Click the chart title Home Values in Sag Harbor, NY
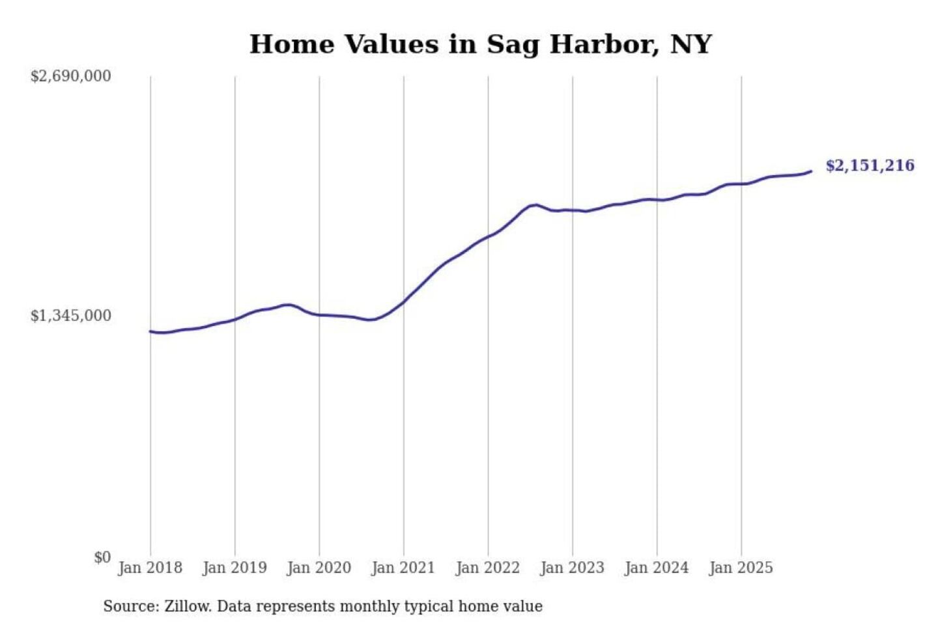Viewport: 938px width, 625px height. [481, 44]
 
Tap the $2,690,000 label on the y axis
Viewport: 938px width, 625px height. [70, 76]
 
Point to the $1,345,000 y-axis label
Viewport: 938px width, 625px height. [70, 316]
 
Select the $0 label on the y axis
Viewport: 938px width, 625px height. [102, 557]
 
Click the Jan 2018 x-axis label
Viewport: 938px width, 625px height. [150, 568]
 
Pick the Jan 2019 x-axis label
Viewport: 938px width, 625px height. [234, 568]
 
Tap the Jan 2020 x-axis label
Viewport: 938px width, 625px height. [319, 568]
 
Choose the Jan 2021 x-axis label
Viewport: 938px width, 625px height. [403, 568]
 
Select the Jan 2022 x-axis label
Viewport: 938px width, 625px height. [487, 568]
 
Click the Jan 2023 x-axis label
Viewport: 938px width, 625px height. [572, 568]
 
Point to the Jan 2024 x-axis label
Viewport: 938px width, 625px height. [656, 568]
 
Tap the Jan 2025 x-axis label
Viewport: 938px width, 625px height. [741, 568]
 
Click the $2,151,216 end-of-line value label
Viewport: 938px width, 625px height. [870, 165]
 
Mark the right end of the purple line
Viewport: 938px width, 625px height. [811, 171]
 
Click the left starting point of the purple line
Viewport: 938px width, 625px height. [150, 331]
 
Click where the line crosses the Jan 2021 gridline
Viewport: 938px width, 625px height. [403, 302]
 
